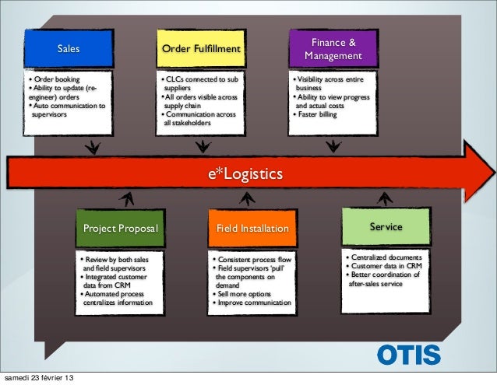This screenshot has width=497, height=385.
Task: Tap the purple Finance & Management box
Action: pos(333,49)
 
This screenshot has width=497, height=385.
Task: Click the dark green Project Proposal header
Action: pos(121,229)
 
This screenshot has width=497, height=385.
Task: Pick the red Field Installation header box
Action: pos(252,229)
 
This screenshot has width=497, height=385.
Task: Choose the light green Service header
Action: pos(386,227)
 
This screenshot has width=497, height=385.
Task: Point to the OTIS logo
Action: pos(408,354)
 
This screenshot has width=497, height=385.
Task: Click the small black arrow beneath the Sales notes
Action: pos(92,145)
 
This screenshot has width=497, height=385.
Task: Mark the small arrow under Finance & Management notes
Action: pos(333,145)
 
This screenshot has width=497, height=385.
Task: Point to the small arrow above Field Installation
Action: pos(248,198)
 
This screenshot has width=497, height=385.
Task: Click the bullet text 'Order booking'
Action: pos(57,80)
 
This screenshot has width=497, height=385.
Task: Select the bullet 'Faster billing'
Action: pos(319,114)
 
